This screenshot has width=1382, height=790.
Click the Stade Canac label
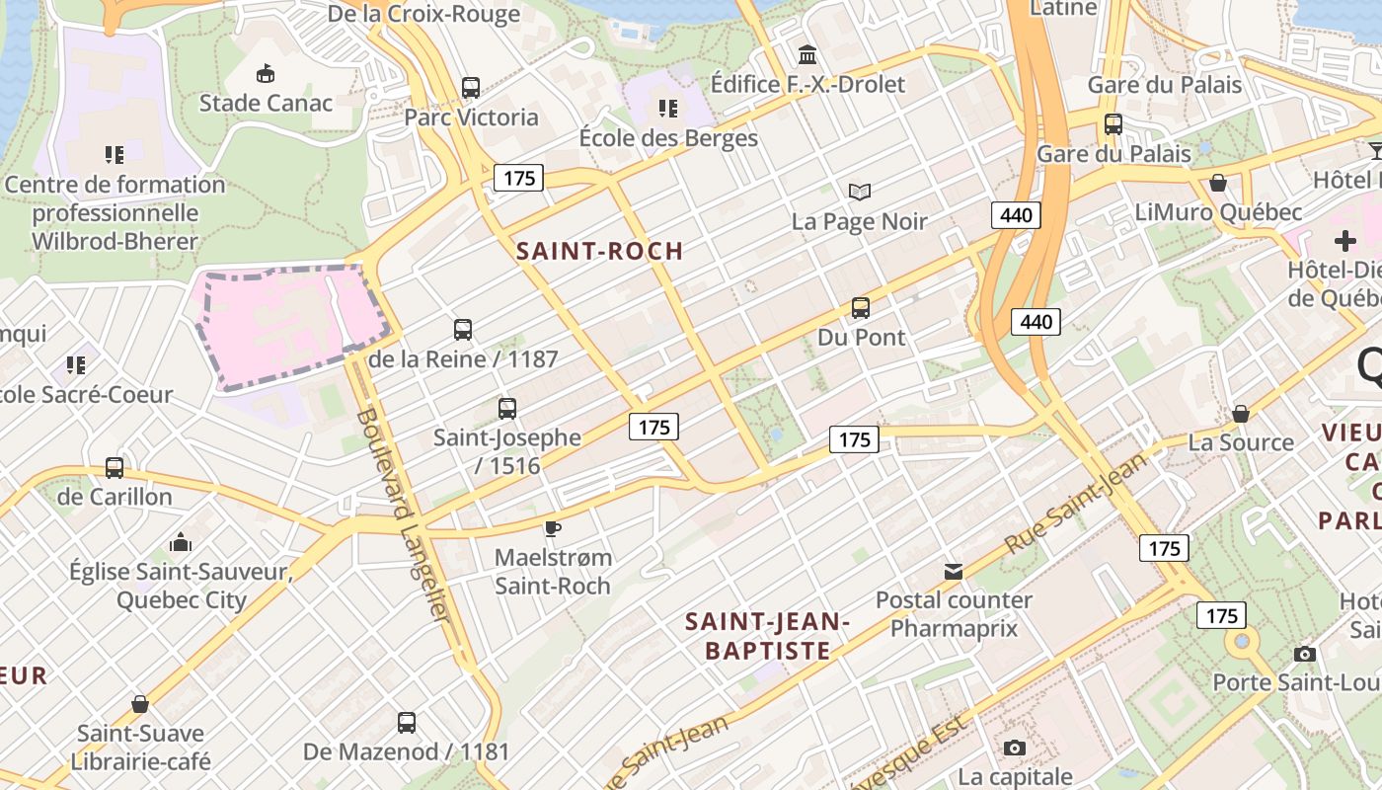coord(266,103)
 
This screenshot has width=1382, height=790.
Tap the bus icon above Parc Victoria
coord(471,87)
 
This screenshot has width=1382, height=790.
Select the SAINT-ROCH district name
coord(600,251)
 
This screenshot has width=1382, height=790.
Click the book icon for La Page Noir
coord(860,192)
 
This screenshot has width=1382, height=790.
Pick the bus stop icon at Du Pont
coord(861,307)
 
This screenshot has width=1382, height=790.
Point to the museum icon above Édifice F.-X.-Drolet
coord(807,53)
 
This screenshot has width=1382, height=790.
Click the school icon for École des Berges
coord(668,108)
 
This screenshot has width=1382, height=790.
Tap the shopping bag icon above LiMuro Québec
coord(1218,183)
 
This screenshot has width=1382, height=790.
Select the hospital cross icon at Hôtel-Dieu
coord(1344,241)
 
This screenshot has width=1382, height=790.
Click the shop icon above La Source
coord(1241,413)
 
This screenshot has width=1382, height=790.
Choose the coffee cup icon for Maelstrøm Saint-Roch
coord(553,528)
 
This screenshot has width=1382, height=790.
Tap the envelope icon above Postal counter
coord(954,571)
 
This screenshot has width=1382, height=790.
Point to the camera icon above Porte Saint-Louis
coord(1305,654)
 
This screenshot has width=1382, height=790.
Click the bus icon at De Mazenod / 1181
coord(406,722)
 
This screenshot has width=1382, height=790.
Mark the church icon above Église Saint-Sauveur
coord(180,542)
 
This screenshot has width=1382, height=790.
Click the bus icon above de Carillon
coord(115,467)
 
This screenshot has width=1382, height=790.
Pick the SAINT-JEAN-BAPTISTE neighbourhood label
coord(767,635)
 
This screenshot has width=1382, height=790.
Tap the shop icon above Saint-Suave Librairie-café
coord(140,704)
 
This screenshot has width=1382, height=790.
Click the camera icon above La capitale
coord(1014,748)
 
